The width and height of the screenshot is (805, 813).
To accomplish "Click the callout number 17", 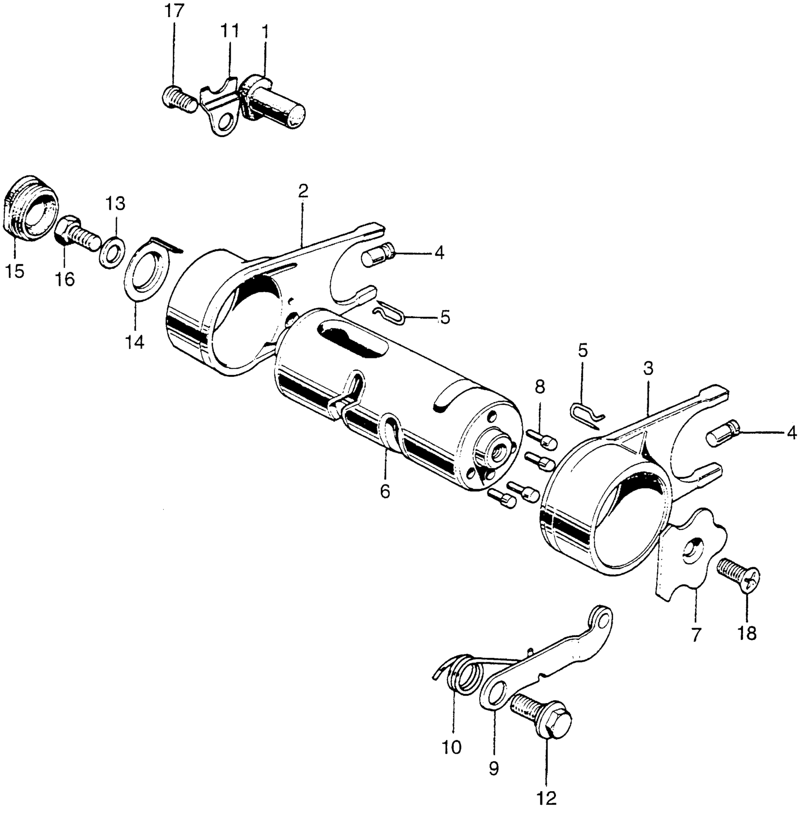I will [174, 11].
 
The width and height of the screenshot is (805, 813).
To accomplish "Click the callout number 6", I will [385, 492].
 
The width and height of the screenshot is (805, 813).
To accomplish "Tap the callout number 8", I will [540, 387].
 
